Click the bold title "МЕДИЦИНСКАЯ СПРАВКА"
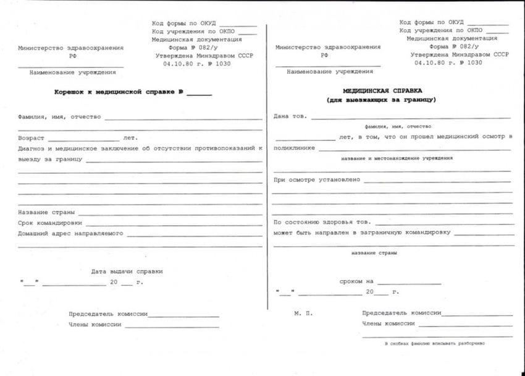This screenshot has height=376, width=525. pyautogui.click(x=383, y=90)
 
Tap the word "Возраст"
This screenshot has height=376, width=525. pyautogui.click(x=31, y=138)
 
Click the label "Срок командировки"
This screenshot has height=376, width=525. pyautogui.click(x=50, y=223)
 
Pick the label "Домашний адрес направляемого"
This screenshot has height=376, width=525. pyautogui.click(x=71, y=234)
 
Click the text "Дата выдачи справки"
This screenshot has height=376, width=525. pyautogui.click(x=127, y=271)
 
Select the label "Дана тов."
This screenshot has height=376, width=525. pyautogui.click(x=290, y=116)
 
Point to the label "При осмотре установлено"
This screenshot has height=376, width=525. pyautogui.click(x=317, y=180)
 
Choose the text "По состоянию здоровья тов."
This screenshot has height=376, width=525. pyautogui.click(x=322, y=222)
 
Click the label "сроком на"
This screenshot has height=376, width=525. pyautogui.click(x=356, y=281)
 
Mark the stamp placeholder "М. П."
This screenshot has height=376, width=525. pyautogui.click(x=303, y=313)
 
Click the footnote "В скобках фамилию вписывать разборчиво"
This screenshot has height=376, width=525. pyautogui.click(x=435, y=343)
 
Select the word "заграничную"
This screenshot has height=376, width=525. pyautogui.click(x=382, y=233)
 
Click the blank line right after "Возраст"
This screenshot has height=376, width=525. pyautogui.click(x=83, y=140)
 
